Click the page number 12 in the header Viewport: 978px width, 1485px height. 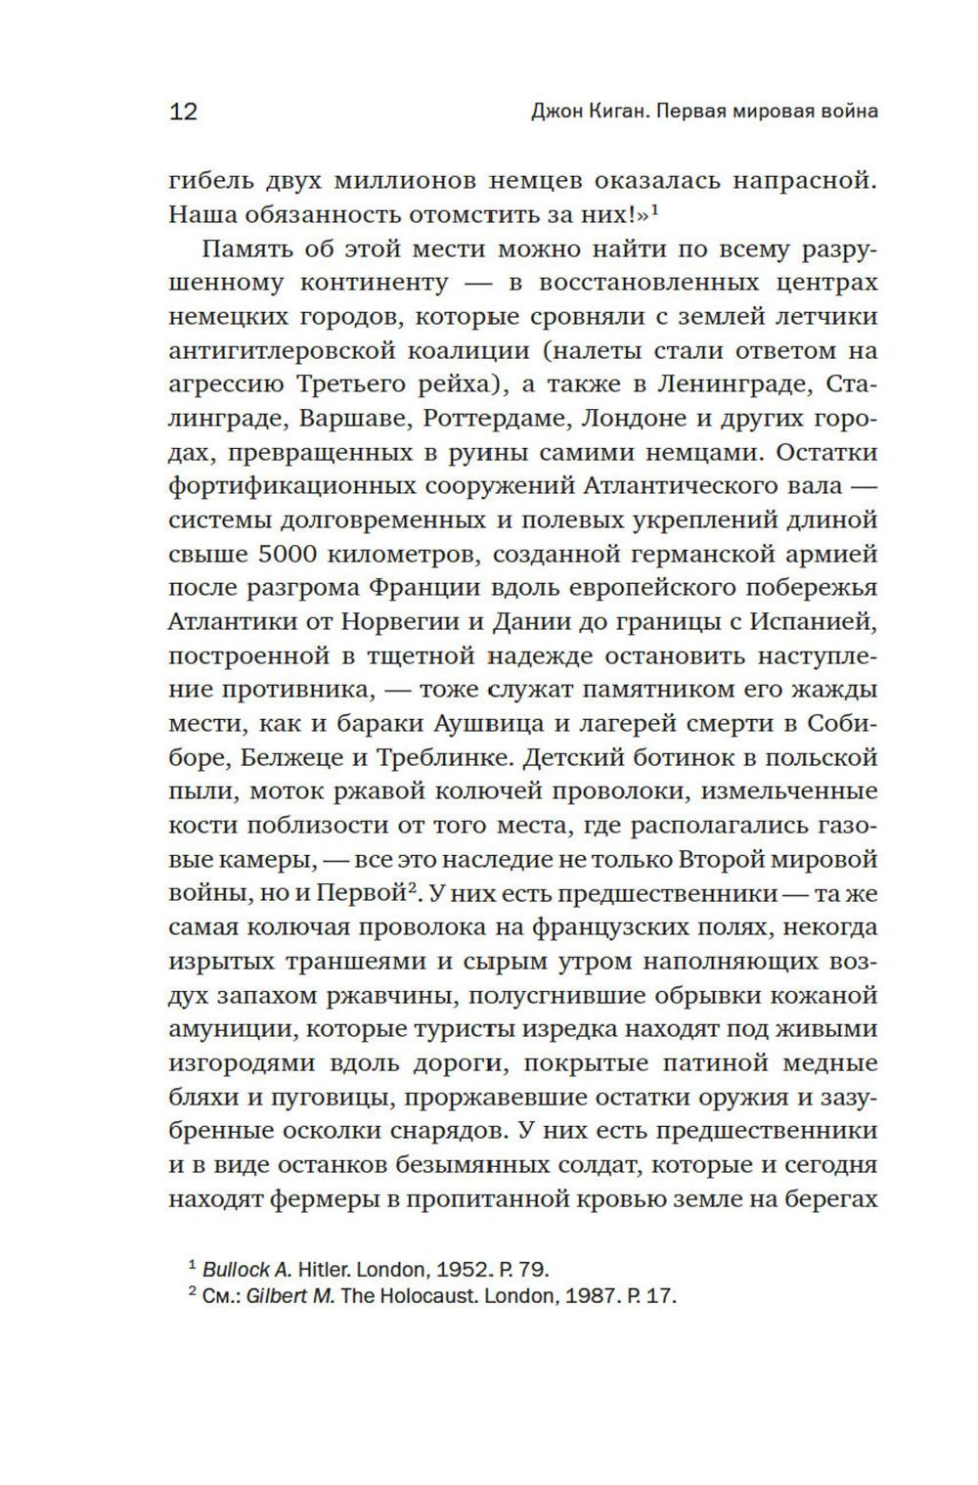coord(184,112)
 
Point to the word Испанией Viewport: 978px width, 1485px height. coord(816,621)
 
